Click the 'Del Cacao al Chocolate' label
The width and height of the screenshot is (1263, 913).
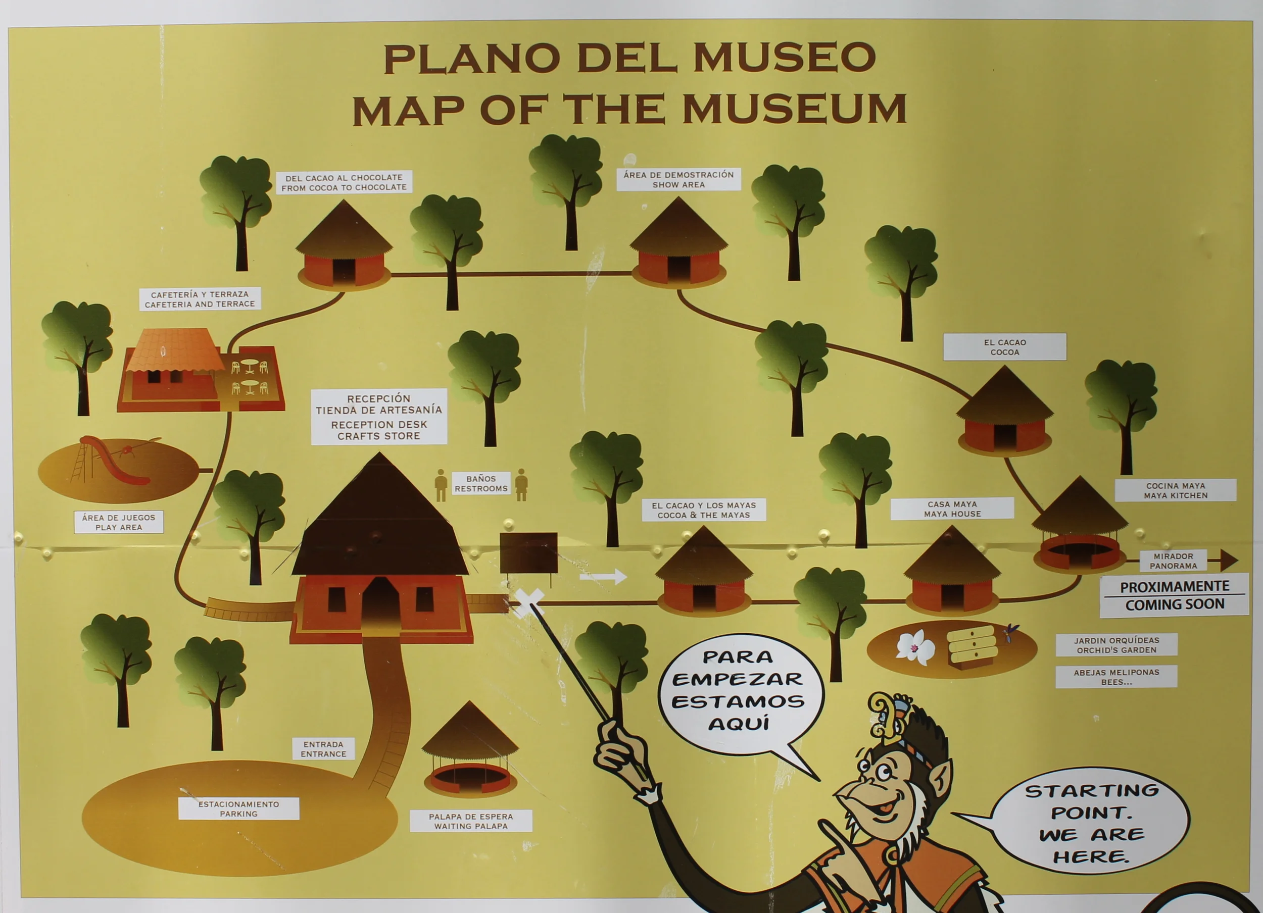point(344,182)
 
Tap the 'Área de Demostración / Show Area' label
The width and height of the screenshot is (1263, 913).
point(678,179)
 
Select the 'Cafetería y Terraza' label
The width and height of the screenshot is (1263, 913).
point(200,299)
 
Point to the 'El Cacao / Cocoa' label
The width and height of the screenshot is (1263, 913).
point(1005,347)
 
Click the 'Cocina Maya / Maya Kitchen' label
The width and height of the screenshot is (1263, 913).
point(1176,490)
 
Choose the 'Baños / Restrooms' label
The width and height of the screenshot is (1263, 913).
point(480,484)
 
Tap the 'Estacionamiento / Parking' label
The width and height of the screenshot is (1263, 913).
point(238,808)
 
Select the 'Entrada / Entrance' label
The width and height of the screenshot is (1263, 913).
point(323,749)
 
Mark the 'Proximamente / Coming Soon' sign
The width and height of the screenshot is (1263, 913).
point(1175,595)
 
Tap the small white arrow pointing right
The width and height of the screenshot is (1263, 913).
point(603,577)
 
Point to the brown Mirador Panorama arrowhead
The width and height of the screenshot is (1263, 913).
point(1228,560)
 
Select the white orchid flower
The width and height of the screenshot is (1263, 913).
point(915,647)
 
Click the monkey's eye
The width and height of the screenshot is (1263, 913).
point(884,773)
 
